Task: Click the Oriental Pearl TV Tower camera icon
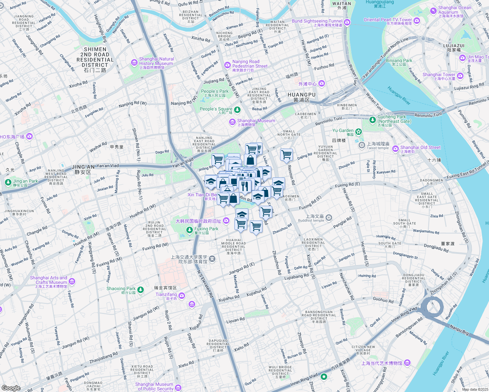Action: (416, 21)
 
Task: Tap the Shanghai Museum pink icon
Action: (232, 122)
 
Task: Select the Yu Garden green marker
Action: (359, 132)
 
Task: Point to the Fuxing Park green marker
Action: (189, 230)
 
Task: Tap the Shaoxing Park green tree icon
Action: (141, 290)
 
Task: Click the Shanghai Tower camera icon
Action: (460, 76)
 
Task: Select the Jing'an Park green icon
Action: (8, 182)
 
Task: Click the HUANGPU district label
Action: (301, 97)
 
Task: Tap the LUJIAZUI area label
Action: (454, 48)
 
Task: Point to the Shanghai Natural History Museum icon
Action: (134, 62)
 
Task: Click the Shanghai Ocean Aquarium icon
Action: (433, 11)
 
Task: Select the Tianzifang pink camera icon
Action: (182, 296)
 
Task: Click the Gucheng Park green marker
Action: (372, 120)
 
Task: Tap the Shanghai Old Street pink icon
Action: (395, 149)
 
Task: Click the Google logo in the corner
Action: (11, 388)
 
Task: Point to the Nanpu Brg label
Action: (459, 330)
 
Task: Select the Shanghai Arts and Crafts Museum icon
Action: (72, 281)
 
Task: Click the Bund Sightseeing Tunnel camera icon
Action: (347, 23)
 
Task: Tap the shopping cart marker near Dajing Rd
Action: (286, 155)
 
